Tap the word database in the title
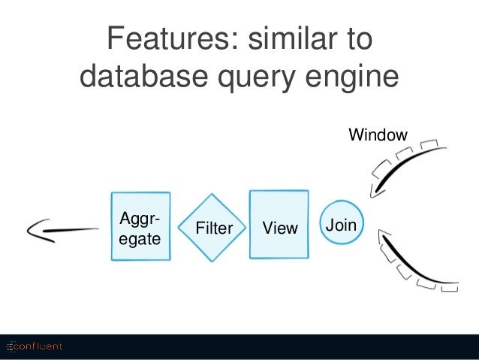[144, 76]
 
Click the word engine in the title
[352, 77]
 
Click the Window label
[378, 135]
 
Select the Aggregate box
[141, 226]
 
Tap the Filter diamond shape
[212, 228]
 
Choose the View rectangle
[279, 225]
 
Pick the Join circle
[342, 222]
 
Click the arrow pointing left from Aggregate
[62, 230]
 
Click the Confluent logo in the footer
[35, 346]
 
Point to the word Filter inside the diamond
[214, 228]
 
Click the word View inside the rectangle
[280, 228]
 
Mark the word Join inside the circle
[341, 225]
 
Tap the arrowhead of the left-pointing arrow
[38, 231]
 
